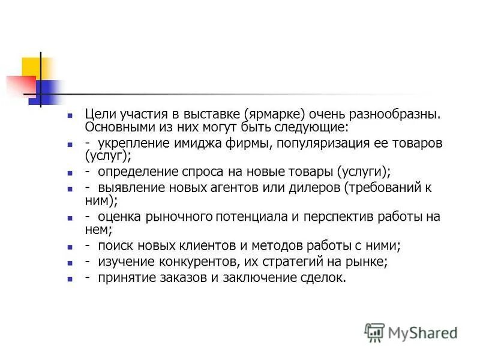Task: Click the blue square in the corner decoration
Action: coord(48,91)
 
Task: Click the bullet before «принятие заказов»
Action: coord(70,279)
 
